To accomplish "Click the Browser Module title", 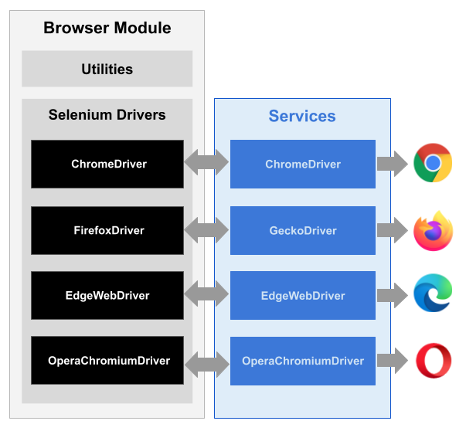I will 107,29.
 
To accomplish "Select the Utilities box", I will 107,70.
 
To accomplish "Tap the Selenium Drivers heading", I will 107,115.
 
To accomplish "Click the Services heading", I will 302,117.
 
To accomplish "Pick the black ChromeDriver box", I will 107,164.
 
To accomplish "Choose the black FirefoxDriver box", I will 107,230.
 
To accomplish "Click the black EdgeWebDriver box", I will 107,296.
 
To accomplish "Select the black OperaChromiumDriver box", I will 107,361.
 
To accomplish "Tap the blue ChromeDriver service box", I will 302,164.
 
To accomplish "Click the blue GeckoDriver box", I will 302,230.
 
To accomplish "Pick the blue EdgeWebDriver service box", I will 302,296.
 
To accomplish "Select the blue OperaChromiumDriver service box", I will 302,361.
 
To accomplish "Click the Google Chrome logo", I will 432,163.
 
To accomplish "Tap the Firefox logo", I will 432,230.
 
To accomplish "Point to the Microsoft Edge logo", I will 432,295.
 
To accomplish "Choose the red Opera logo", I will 433,361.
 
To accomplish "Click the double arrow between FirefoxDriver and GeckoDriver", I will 207,229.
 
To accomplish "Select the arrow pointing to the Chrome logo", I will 392,163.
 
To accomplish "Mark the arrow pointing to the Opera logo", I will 392,361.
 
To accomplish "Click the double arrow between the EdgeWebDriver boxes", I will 207,295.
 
